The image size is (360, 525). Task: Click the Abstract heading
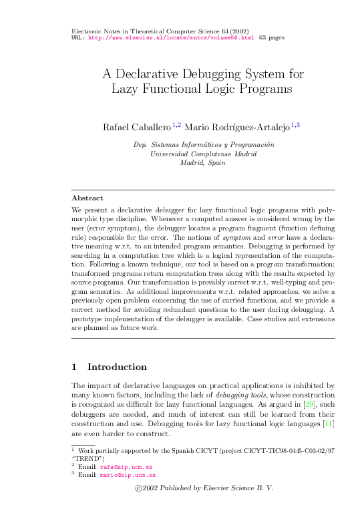(87, 198)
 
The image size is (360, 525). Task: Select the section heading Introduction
(117, 367)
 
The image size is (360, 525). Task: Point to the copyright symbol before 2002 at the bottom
(138, 488)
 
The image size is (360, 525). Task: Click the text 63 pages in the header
(272, 38)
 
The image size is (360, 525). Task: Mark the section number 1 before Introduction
(74, 367)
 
